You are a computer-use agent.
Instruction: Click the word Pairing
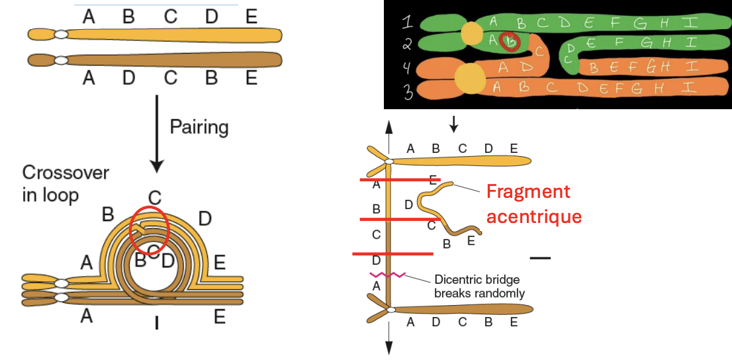pyautogui.click(x=199, y=126)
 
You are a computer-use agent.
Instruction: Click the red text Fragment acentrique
pyautogui.click(x=533, y=204)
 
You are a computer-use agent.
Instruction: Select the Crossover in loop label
pyautogui.click(x=66, y=184)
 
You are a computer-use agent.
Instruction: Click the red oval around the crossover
pyautogui.click(x=150, y=229)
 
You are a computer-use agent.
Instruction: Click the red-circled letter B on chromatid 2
pyautogui.click(x=510, y=42)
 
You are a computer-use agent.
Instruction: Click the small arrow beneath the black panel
pyautogui.click(x=453, y=123)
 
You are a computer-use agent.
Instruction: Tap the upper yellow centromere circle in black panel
pyautogui.click(x=471, y=34)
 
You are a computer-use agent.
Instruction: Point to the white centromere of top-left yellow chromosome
pyautogui.click(x=61, y=34)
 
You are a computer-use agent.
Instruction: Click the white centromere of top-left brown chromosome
pyautogui.click(x=61, y=60)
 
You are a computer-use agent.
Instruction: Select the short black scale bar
pyautogui.click(x=540, y=257)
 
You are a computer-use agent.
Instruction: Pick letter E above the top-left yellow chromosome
pyautogui.click(x=251, y=17)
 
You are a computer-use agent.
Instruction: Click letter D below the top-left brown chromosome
pyautogui.click(x=128, y=79)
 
